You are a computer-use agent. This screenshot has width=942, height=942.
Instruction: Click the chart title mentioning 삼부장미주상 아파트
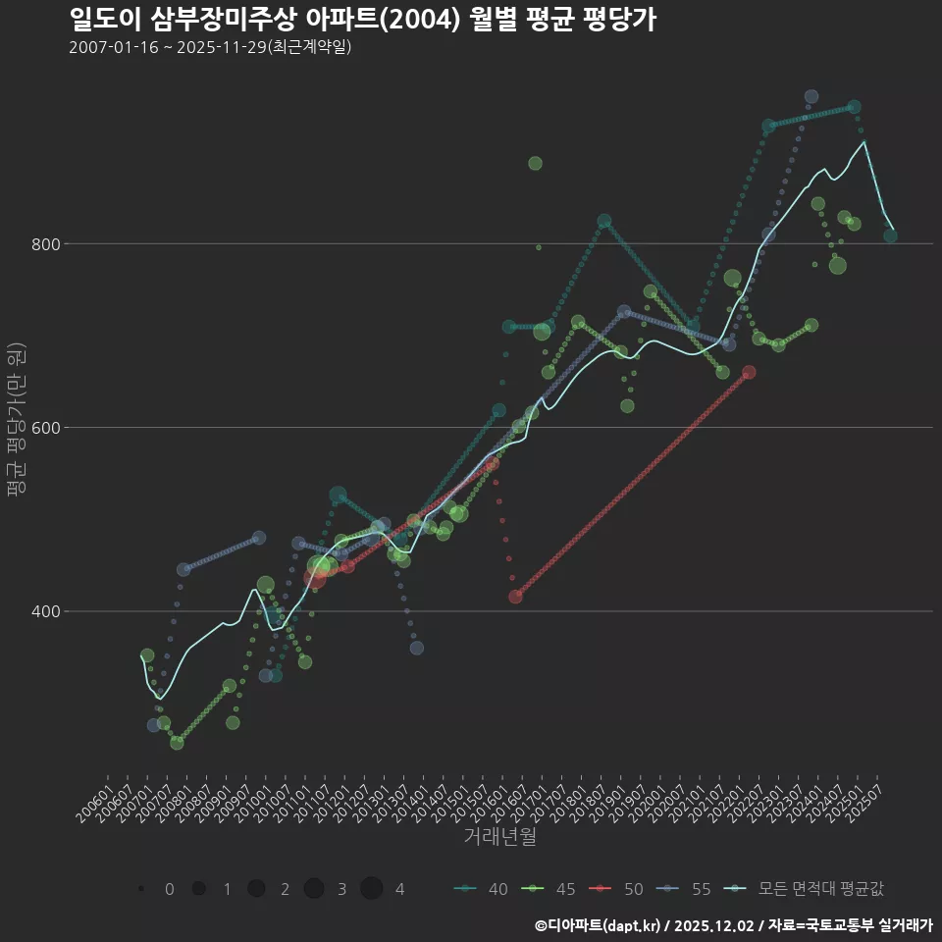362,20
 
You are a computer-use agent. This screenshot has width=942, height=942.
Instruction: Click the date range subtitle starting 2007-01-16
210,47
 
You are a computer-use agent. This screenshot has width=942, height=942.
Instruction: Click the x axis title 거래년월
499,837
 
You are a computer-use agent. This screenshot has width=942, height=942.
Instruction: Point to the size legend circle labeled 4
371,889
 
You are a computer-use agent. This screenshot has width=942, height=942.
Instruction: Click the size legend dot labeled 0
141,889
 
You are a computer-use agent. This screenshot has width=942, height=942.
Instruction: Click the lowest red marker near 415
515,597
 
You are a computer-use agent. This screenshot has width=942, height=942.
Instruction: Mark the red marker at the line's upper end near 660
749,373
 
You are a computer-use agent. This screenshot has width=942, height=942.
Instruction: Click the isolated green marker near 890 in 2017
535,163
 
